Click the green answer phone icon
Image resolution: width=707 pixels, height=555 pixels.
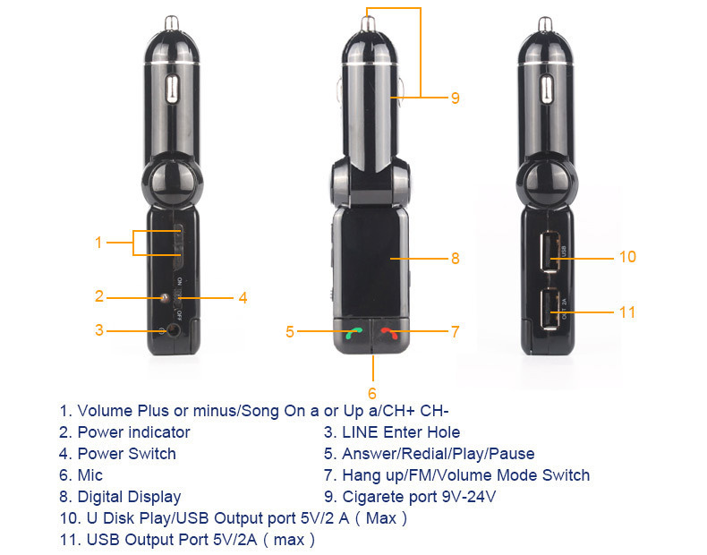354,333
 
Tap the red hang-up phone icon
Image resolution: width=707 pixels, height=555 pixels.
389,333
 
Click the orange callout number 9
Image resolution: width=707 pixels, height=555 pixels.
456,98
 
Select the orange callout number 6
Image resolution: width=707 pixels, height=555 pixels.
372,393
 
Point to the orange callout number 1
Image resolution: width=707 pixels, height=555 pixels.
98,243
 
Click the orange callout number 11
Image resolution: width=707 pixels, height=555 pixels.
627,312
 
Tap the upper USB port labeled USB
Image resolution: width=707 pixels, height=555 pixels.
550,252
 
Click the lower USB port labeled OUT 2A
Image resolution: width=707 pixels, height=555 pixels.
550,309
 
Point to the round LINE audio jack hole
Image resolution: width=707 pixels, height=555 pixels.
174,330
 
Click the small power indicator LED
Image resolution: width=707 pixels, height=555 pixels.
165,297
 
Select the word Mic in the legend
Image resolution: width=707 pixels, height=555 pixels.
90,475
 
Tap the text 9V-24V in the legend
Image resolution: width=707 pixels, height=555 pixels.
468,497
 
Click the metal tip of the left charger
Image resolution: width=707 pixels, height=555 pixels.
172,23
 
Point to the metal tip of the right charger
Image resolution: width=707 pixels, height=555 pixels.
545,24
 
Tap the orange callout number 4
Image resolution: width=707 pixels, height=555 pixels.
243,298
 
